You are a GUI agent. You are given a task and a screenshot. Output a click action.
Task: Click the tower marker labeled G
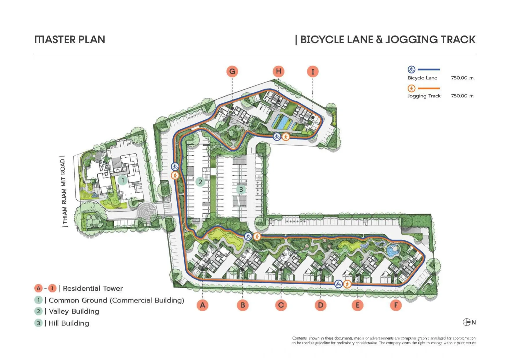[232, 71]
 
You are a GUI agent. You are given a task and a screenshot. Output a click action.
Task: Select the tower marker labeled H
[278, 71]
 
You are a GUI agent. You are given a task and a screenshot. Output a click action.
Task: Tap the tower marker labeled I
[313, 71]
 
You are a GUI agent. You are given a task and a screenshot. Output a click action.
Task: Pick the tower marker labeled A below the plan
[203, 305]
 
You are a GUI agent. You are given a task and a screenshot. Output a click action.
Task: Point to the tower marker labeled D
[321, 305]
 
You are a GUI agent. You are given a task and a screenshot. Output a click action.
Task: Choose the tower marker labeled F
[396, 305]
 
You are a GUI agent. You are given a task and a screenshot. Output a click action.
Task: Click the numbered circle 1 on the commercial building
[123, 180]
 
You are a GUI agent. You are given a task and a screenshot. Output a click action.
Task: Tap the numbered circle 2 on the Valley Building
[200, 182]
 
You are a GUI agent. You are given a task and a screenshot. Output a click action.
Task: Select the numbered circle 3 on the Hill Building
[241, 190]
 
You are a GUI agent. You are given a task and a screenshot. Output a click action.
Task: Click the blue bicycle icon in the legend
[411, 69]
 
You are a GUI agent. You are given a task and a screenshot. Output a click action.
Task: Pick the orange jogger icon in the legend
[411, 88]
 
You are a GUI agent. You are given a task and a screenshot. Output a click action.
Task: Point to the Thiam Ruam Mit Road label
[64, 192]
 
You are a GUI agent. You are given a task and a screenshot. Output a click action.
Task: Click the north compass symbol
[467, 322]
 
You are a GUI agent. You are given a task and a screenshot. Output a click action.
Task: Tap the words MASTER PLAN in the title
[70, 39]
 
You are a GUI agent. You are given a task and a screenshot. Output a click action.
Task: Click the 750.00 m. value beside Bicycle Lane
[463, 78]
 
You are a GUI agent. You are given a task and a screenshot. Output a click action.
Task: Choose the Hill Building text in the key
[69, 323]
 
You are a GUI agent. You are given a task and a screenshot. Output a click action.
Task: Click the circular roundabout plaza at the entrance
[147, 213]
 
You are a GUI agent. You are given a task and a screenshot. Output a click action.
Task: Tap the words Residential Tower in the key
[93, 288]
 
